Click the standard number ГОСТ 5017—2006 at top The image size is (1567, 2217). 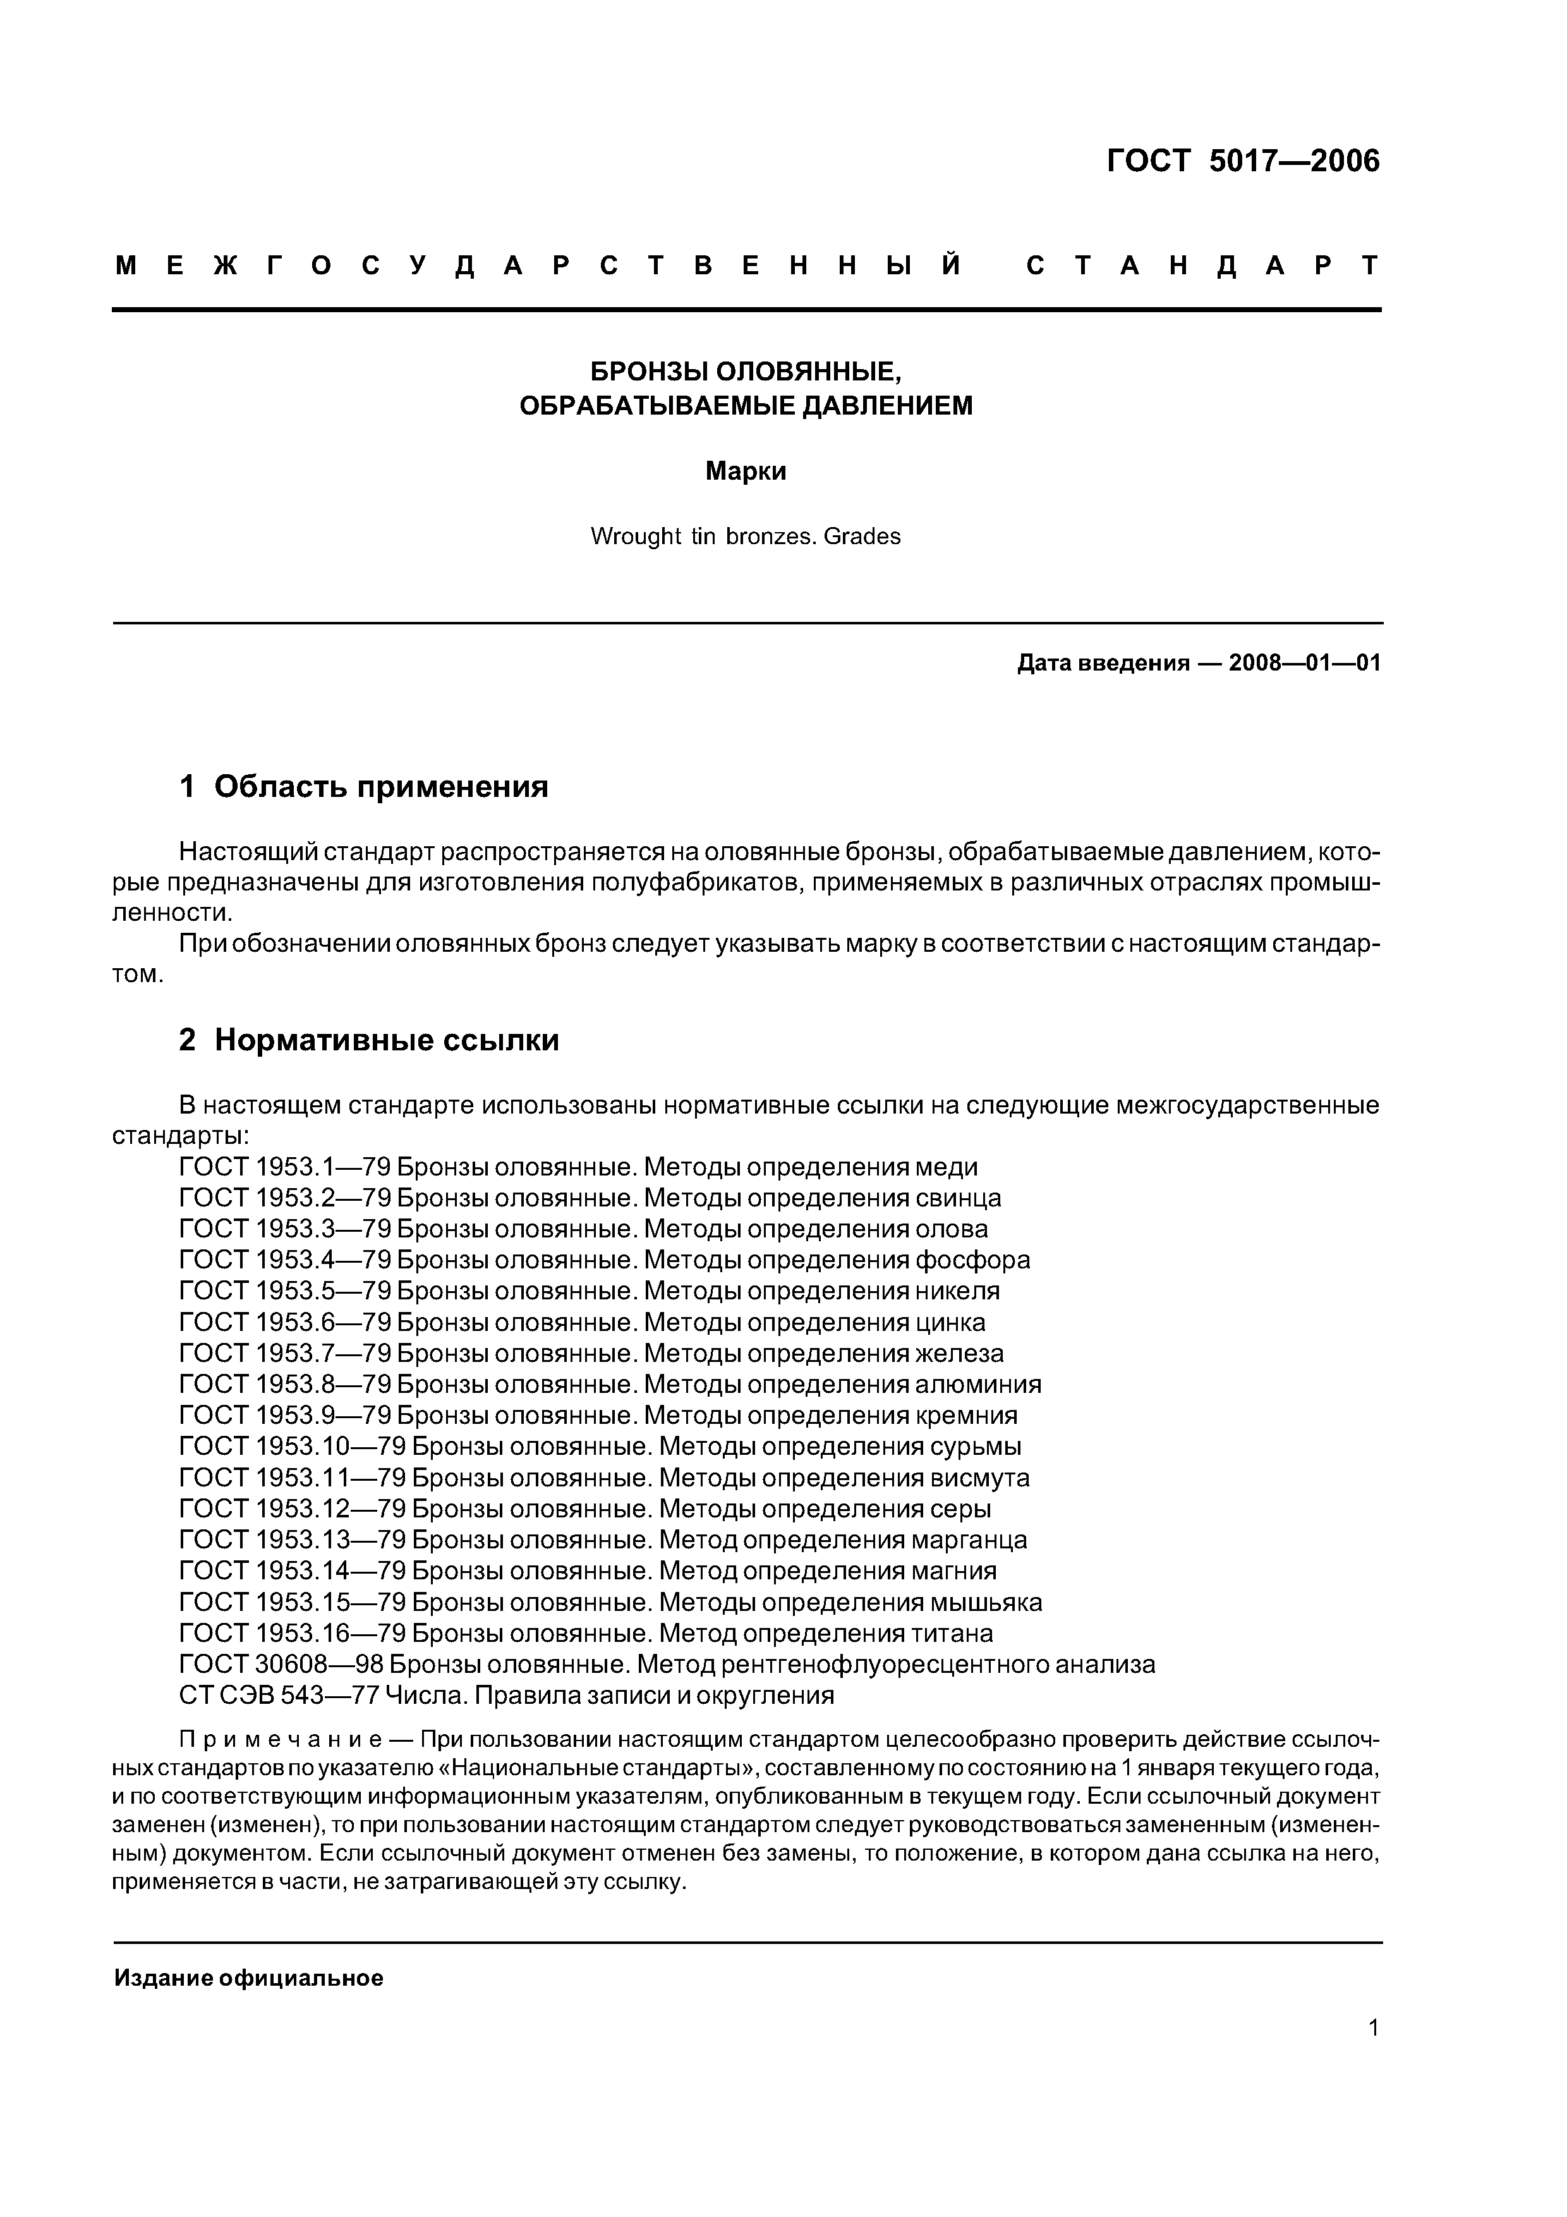click(1243, 161)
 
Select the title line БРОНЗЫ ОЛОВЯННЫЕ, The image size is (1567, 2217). click(746, 372)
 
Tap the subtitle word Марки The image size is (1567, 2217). click(746, 472)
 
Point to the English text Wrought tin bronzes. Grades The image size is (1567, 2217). click(746, 537)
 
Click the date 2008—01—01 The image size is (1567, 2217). click(1304, 664)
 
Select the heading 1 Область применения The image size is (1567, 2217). click(364, 787)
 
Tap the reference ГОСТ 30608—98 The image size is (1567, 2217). click(281, 1665)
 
